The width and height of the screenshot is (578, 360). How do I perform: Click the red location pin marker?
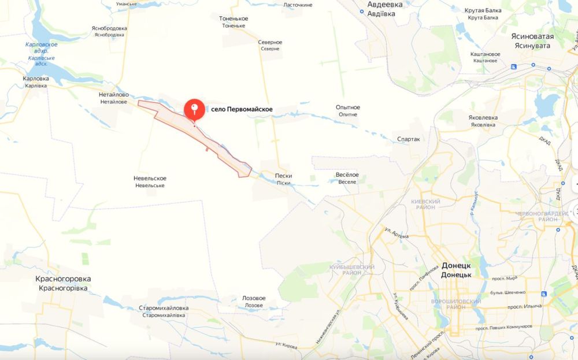[194, 110]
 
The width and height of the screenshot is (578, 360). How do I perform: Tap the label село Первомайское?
[242, 109]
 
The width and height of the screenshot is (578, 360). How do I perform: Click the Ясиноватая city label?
[532, 36]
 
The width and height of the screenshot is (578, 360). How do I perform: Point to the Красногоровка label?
[63, 279]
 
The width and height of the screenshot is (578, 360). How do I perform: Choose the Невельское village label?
[150, 178]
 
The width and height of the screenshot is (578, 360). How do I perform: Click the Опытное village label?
[348, 107]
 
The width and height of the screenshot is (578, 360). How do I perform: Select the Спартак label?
[408, 139]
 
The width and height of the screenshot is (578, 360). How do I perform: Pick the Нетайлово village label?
[114, 95]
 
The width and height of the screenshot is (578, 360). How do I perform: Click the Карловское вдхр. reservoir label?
[42, 44]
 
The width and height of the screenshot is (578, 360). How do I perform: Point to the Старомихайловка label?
[164, 308]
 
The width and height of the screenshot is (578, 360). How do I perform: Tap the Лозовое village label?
[254, 298]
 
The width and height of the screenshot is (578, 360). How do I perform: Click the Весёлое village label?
[347, 175]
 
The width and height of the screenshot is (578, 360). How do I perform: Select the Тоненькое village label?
[234, 18]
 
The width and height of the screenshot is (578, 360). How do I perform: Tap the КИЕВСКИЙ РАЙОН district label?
[425, 201]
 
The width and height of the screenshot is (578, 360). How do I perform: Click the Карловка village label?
[36, 78]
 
